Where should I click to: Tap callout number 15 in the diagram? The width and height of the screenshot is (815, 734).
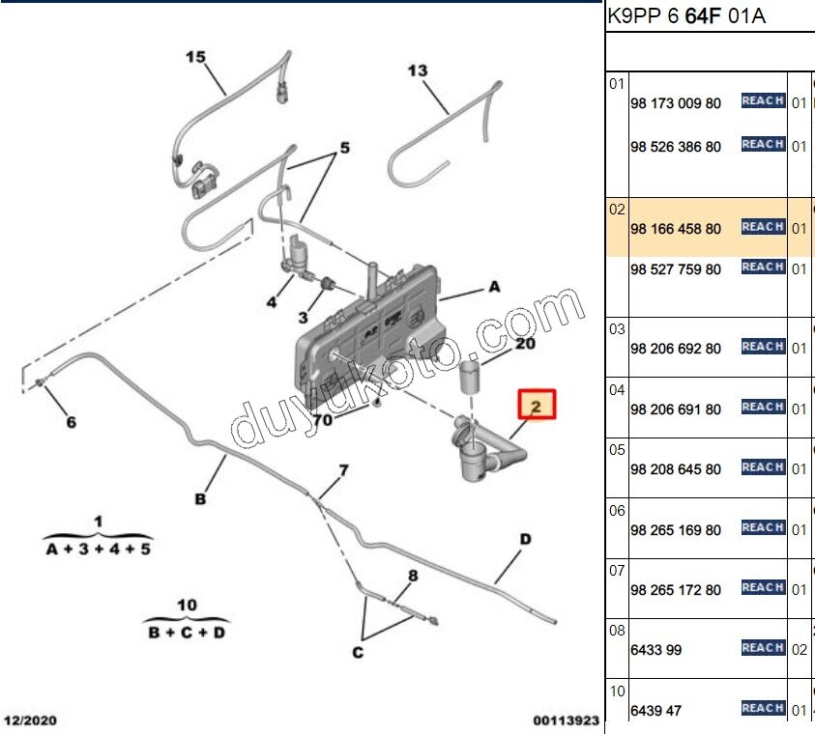(196, 58)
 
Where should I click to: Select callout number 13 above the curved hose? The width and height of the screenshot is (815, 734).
(417, 71)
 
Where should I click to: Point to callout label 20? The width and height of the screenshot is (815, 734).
(525, 343)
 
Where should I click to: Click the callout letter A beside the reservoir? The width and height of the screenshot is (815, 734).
(494, 287)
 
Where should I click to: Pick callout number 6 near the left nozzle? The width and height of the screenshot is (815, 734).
(71, 422)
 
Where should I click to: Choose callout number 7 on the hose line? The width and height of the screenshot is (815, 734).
(342, 471)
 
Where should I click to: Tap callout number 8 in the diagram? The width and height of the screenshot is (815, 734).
(413, 577)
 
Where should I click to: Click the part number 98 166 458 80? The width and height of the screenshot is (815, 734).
(675, 229)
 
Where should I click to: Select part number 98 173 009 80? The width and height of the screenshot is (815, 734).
(675, 102)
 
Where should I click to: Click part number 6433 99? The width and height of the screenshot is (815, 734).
(655, 650)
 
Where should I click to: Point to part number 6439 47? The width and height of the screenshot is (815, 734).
(655, 711)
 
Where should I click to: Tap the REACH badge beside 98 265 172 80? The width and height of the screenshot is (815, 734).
(762, 587)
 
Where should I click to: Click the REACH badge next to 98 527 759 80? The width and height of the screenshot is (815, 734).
(762, 267)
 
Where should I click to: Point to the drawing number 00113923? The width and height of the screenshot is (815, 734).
(566, 720)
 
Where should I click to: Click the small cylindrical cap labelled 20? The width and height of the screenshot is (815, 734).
(469, 378)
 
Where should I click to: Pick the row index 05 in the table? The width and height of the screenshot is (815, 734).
(617, 449)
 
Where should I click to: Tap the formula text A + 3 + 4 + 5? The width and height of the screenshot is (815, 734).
(98, 549)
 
